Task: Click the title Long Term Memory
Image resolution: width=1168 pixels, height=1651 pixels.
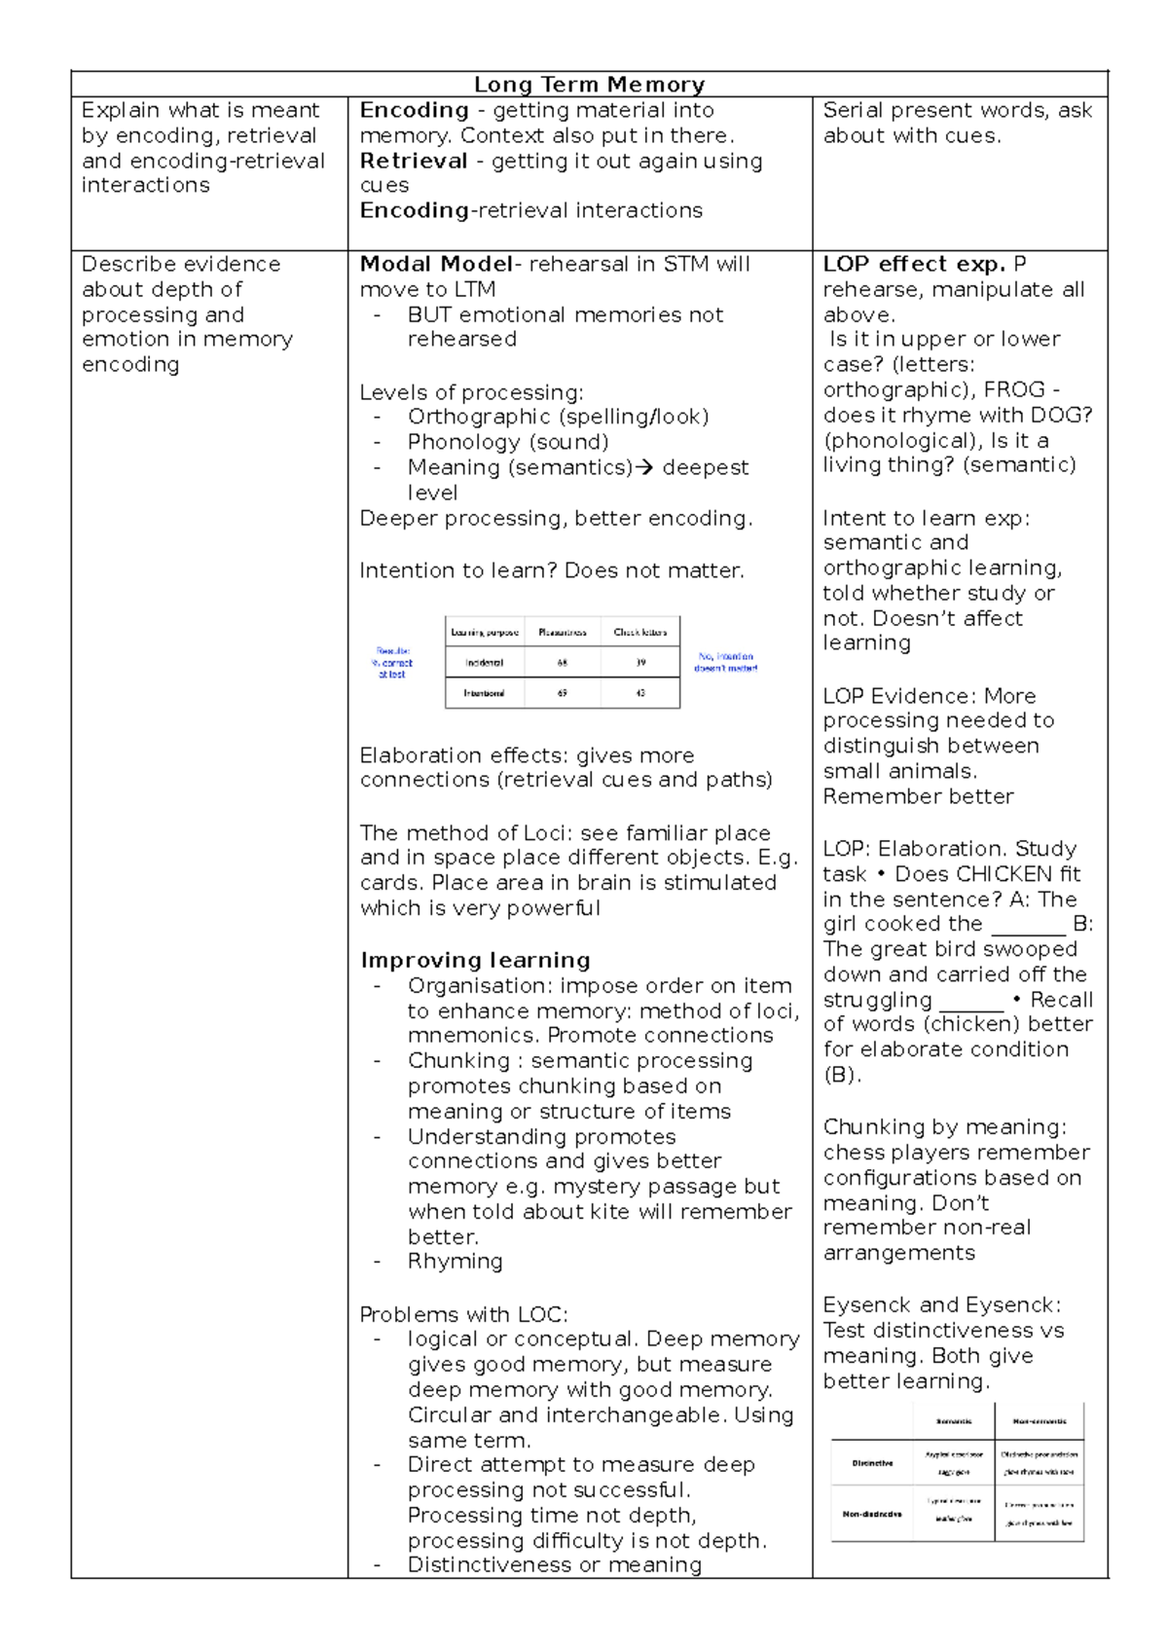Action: click(589, 85)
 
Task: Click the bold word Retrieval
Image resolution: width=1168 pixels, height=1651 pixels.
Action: click(414, 162)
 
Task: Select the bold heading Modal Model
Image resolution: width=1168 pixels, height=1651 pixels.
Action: click(435, 265)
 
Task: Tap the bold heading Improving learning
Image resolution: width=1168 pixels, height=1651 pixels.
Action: click(475, 961)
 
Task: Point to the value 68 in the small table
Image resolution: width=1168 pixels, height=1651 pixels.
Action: click(563, 663)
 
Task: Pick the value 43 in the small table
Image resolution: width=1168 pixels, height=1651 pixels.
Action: click(639, 693)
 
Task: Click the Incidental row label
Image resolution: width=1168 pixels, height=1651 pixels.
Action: click(484, 663)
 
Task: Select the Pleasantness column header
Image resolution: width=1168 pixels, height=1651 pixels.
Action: click(563, 633)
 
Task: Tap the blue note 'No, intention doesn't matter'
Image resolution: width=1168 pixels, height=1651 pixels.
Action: click(725, 663)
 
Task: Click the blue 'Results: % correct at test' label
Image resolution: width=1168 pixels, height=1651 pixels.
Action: click(392, 663)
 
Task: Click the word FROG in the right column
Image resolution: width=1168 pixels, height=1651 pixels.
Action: click(1014, 389)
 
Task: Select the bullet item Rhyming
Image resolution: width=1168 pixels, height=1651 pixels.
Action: click(455, 1262)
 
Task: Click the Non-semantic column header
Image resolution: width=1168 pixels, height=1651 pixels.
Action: click(1039, 1421)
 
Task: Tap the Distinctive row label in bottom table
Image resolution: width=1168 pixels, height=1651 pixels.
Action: click(872, 1463)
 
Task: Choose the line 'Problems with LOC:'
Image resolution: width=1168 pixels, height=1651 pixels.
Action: click(463, 1315)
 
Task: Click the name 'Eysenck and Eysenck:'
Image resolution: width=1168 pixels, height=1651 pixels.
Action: click(941, 1305)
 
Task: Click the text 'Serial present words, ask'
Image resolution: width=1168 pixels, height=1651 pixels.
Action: click(957, 111)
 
